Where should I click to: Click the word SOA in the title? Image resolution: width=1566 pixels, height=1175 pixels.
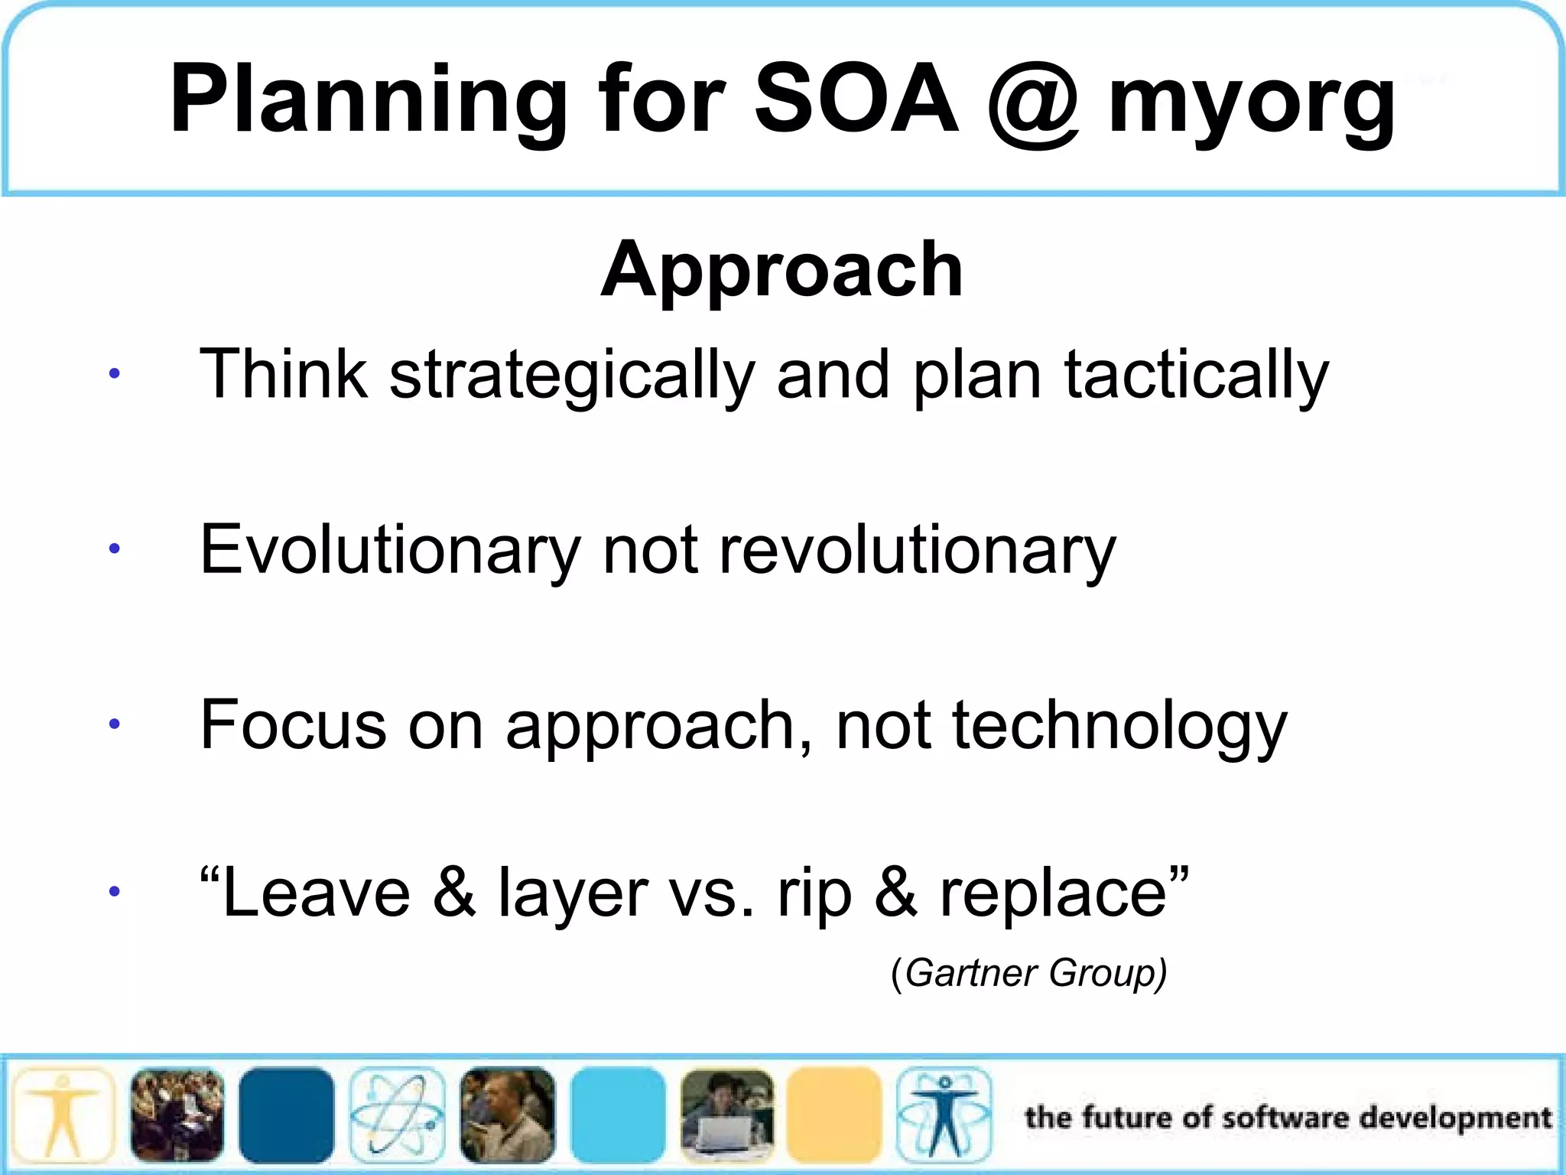856,99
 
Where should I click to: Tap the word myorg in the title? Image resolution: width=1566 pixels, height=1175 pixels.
1252,103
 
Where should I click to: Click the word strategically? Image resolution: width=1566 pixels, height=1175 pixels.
572,375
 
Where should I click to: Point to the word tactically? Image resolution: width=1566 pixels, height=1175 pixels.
1197,375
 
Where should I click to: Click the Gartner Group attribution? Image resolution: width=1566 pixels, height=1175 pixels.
1029,973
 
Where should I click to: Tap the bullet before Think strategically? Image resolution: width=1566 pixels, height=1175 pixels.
114,374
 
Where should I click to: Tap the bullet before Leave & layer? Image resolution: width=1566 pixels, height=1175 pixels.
114,891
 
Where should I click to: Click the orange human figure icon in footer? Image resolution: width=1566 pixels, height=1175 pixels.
63,1115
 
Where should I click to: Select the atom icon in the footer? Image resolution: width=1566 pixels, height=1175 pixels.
397,1115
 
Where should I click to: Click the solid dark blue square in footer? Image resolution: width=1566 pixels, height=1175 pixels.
286,1115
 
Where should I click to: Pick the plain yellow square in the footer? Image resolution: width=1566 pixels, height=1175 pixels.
834,1115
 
